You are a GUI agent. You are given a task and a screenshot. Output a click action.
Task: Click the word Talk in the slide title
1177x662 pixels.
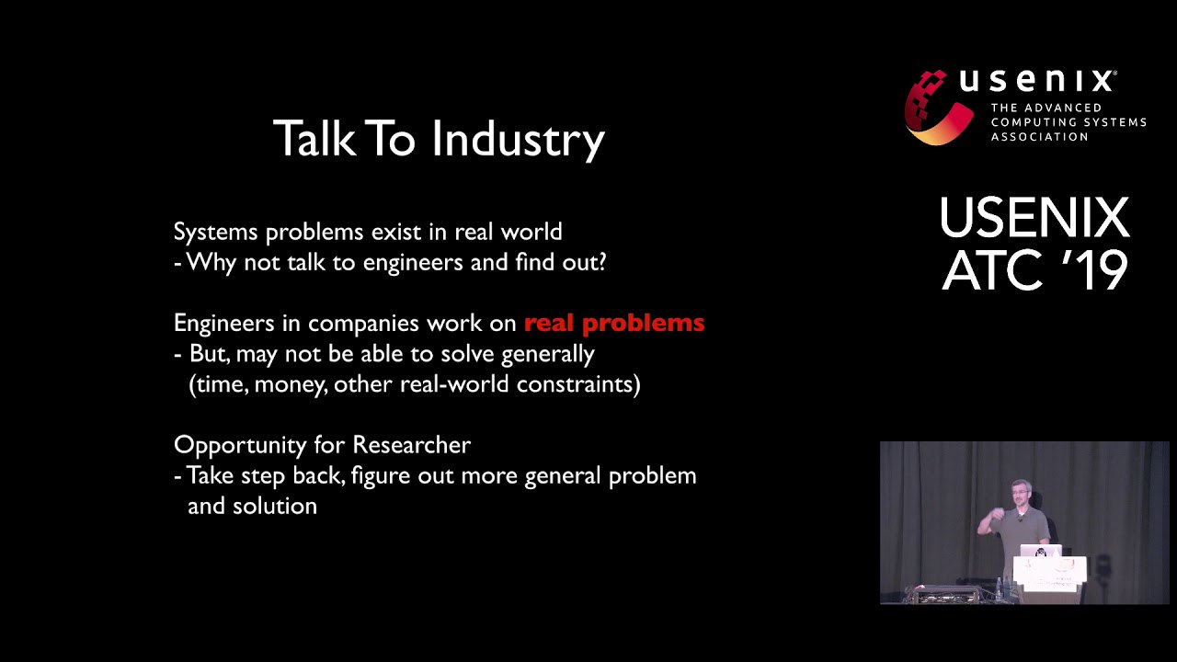click(x=314, y=138)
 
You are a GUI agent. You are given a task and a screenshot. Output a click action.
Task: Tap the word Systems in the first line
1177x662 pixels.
click(x=215, y=233)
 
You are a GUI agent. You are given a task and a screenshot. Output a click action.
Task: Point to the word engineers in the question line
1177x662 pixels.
click(x=413, y=262)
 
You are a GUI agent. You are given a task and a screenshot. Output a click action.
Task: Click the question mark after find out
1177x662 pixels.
click(x=600, y=262)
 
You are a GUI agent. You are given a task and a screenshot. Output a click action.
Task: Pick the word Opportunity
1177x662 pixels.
click(x=240, y=446)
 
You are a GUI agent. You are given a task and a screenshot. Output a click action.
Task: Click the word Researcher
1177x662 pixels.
click(x=411, y=444)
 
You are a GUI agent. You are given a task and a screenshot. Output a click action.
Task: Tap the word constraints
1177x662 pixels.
click(x=576, y=384)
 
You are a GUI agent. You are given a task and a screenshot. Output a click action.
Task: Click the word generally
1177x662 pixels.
click(x=547, y=355)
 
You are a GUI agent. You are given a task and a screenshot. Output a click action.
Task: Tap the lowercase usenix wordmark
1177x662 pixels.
click(x=1037, y=81)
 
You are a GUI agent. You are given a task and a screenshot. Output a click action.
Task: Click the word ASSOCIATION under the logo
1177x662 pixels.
click(x=1039, y=137)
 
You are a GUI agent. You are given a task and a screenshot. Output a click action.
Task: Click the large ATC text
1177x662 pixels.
click(x=992, y=269)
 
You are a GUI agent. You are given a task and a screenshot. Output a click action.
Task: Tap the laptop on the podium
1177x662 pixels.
click(x=1040, y=551)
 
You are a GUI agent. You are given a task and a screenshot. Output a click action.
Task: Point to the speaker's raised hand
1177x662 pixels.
click(x=987, y=523)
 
